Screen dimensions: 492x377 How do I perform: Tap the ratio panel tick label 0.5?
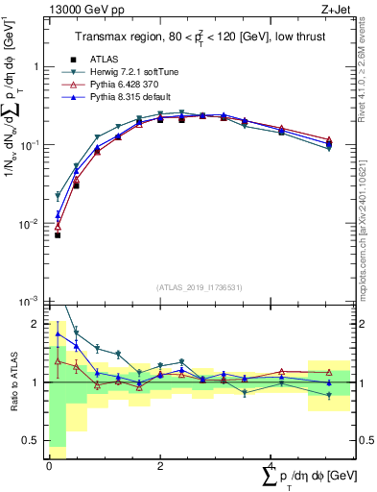(x=31, y=441)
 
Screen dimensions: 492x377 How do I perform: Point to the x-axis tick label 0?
(x=49, y=464)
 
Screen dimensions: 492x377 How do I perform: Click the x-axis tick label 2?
(x=160, y=464)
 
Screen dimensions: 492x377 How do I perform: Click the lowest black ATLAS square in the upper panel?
(x=58, y=234)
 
